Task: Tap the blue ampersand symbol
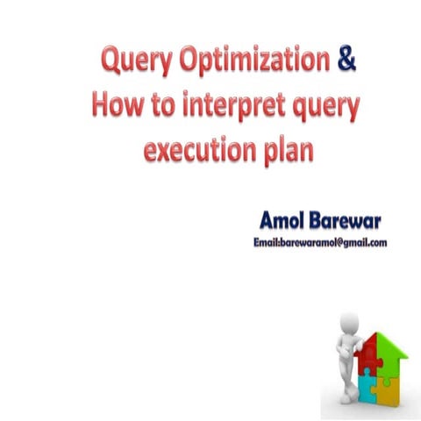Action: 346,61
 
